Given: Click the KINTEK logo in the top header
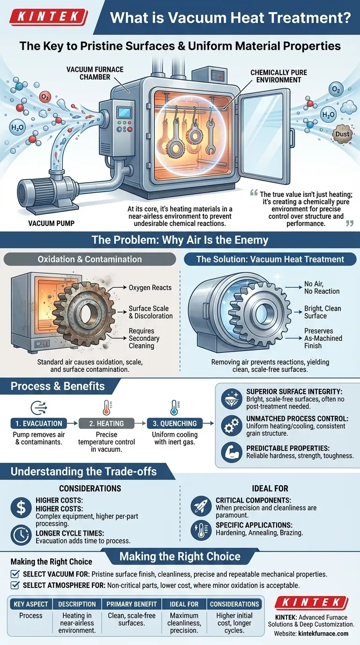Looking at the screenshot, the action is pyautogui.click(x=48, y=17).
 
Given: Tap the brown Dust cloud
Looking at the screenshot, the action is pyautogui.click(x=342, y=134).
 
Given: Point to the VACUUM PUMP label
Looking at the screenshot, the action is pyautogui.click(x=51, y=223).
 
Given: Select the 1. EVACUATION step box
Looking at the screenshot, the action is pyautogui.click(x=38, y=423).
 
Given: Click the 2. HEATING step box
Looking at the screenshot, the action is pyautogui.click(x=106, y=423).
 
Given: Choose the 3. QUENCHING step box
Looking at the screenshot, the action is pyautogui.click(x=174, y=423).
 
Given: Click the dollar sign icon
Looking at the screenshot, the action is pyautogui.click(x=21, y=507).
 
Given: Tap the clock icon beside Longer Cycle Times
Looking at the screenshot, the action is pyautogui.click(x=21, y=535).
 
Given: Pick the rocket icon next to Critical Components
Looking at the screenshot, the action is pyautogui.click(x=201, y=506).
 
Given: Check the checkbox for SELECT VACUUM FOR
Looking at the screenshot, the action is pyautogui.click(x=15, y=574).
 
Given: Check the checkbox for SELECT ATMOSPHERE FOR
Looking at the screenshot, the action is pyautogui.click(x=15, y=585).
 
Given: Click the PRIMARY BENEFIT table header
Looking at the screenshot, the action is pyautogui.click(x=132, y=604).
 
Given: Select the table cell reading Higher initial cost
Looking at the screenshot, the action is pyautogui.click(x=234, y=623).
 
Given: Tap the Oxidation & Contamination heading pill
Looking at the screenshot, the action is pyautogui.click(x=90, y=259).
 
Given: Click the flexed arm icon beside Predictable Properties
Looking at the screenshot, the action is pyautogui.click(x=232, y=452).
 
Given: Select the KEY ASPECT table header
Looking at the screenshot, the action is pyautogui.click(x=31, y=604).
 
